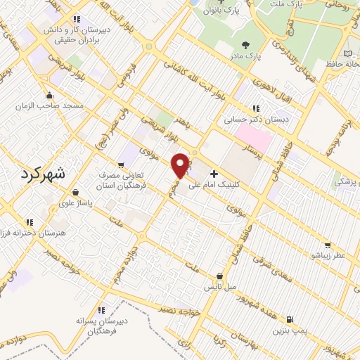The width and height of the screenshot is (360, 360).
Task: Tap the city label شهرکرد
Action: click(x=43, y=174)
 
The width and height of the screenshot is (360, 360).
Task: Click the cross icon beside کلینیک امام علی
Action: click(x=214, y=172)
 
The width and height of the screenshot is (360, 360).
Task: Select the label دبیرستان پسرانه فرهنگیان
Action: click(x=103, y=325)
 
